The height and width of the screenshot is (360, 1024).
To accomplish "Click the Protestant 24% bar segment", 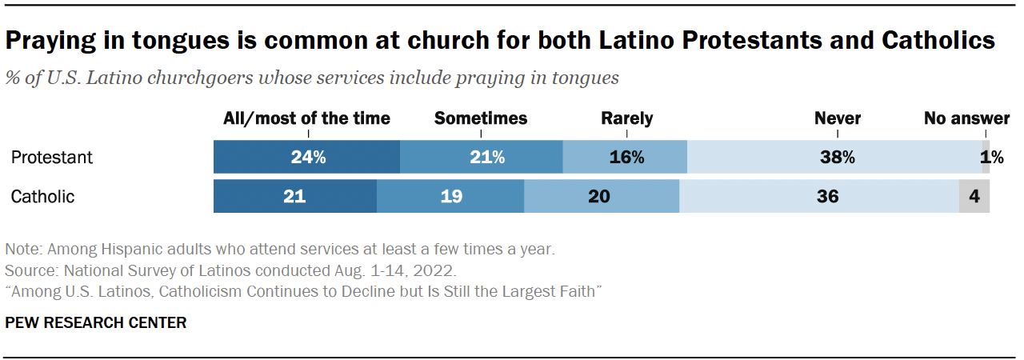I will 306,158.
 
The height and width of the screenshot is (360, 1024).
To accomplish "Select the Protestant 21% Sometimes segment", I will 481,158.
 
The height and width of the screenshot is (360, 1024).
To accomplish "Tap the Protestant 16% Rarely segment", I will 625,158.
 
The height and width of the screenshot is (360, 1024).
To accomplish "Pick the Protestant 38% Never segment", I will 834,158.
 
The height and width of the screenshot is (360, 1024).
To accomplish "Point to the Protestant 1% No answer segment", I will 986,158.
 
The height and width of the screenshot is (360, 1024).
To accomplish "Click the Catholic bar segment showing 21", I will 294,197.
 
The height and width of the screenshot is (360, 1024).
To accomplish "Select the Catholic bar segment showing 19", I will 450,197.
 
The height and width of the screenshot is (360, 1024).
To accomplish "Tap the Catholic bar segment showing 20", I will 602,197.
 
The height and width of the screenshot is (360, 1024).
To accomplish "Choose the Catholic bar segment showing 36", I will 819,197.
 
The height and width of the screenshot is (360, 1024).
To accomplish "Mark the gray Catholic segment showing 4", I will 974,197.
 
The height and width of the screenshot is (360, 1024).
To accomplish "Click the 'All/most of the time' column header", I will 306,118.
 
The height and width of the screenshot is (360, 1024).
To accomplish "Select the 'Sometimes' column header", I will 481,118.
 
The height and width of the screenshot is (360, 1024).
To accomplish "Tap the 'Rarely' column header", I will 626,118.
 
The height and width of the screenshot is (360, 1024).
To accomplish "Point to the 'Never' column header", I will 837,118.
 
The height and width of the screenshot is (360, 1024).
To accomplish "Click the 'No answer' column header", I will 966,118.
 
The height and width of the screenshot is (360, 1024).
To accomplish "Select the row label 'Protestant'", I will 51,158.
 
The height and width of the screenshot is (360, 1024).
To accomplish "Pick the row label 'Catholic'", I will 42,197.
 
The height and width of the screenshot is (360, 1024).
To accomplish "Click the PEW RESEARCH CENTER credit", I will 95,323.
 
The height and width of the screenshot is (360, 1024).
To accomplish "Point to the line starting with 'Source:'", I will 230,270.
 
